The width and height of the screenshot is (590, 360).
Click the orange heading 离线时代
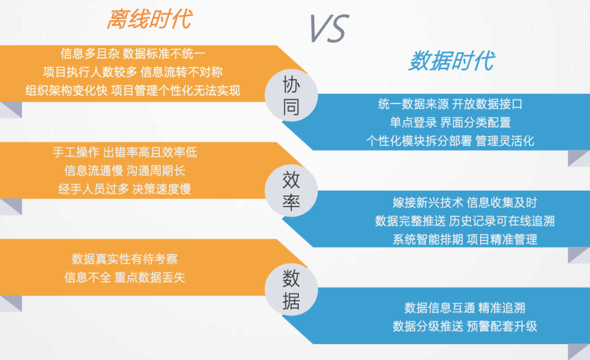point(149,19)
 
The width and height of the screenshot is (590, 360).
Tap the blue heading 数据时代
point(452,61)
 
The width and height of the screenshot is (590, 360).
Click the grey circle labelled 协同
point(291,95)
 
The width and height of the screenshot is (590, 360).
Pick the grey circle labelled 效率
point(291,190)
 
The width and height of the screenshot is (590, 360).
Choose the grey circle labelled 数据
point(291,290)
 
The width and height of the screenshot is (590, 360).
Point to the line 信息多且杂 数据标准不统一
point(133,54)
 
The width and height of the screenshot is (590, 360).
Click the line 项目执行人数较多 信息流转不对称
point(133,72)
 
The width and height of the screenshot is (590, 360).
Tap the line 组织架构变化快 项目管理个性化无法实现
point(133,90)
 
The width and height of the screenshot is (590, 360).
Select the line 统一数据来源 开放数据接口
point(450,104)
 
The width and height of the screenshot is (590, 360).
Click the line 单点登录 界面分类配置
point(450,122)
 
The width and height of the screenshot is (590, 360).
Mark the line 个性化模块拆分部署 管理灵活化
point(450,141)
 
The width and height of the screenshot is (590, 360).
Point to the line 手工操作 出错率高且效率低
point(125,152)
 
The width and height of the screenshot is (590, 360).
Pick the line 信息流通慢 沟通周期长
point(125,170)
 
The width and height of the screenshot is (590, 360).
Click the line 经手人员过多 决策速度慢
point(125,189)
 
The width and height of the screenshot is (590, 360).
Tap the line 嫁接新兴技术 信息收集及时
point(465,202)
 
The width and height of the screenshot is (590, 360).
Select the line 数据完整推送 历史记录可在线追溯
point(465,221)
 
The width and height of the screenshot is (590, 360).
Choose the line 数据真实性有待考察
point(125,259)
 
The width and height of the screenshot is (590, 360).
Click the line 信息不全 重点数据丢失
point(125,278)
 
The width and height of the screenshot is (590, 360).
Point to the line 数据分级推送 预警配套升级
point(465,326)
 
